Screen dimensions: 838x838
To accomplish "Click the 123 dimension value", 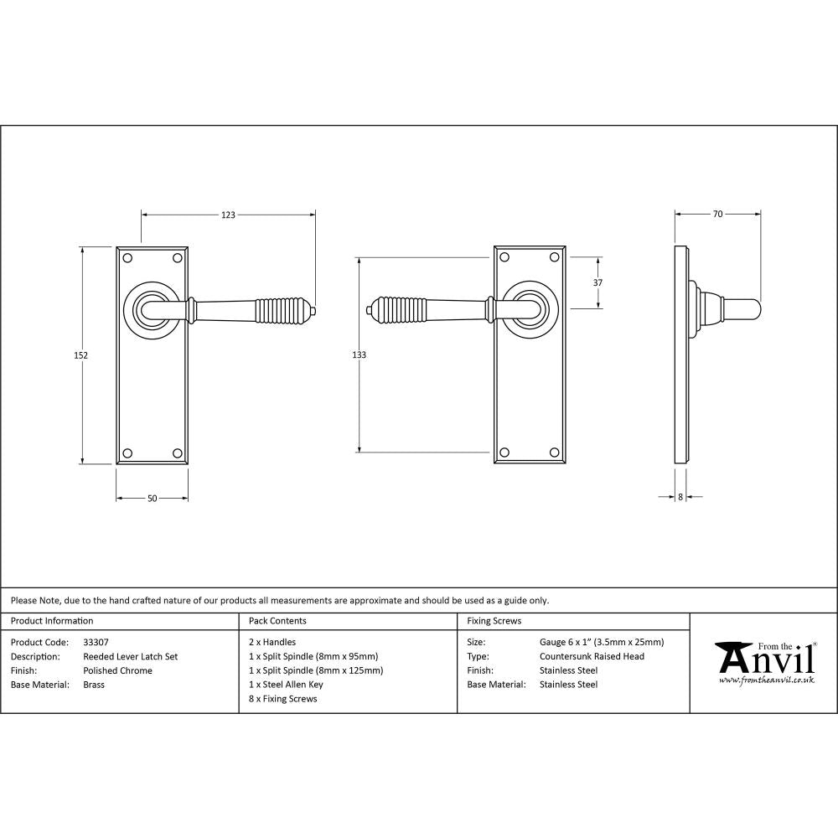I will (228, 215).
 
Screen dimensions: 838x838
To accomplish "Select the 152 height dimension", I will (81, 355).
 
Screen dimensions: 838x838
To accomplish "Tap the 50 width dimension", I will (152, 499).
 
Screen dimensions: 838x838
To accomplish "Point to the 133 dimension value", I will (359, 355).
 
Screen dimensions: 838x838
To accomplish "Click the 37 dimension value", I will (597, 283).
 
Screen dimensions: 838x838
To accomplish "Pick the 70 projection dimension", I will (717, 215).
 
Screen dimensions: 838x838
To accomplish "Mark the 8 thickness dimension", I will (680, 497).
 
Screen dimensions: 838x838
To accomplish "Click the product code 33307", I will (96, 643).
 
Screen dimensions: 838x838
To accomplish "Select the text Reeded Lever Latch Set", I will (131, 657).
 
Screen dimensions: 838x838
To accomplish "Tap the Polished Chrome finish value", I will (118, 670).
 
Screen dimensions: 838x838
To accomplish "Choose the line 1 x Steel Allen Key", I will (286, 685).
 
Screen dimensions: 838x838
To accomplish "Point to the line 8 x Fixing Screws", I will (283, 699).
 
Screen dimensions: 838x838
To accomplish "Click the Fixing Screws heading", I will (494, 621).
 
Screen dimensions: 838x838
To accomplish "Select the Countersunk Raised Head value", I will (592, 657).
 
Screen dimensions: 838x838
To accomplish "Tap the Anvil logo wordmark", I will (765, 659).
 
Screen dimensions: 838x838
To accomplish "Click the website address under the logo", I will (766, 680).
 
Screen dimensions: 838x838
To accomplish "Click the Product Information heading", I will (52, 621).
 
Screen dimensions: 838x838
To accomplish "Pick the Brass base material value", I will (94, 685).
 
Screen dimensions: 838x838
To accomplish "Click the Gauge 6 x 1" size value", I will (602, 643).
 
